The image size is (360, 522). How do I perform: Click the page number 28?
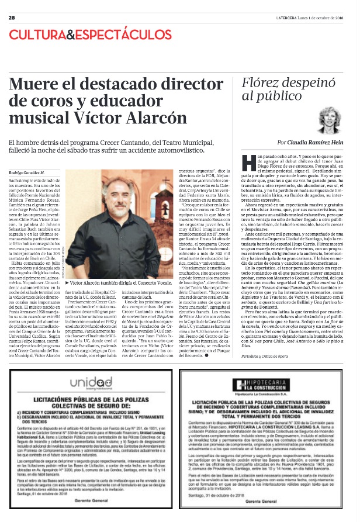pyautogui.click(x=12, y=18)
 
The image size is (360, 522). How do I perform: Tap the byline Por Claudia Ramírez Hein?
pyautogui.click(x=309, y=141)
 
